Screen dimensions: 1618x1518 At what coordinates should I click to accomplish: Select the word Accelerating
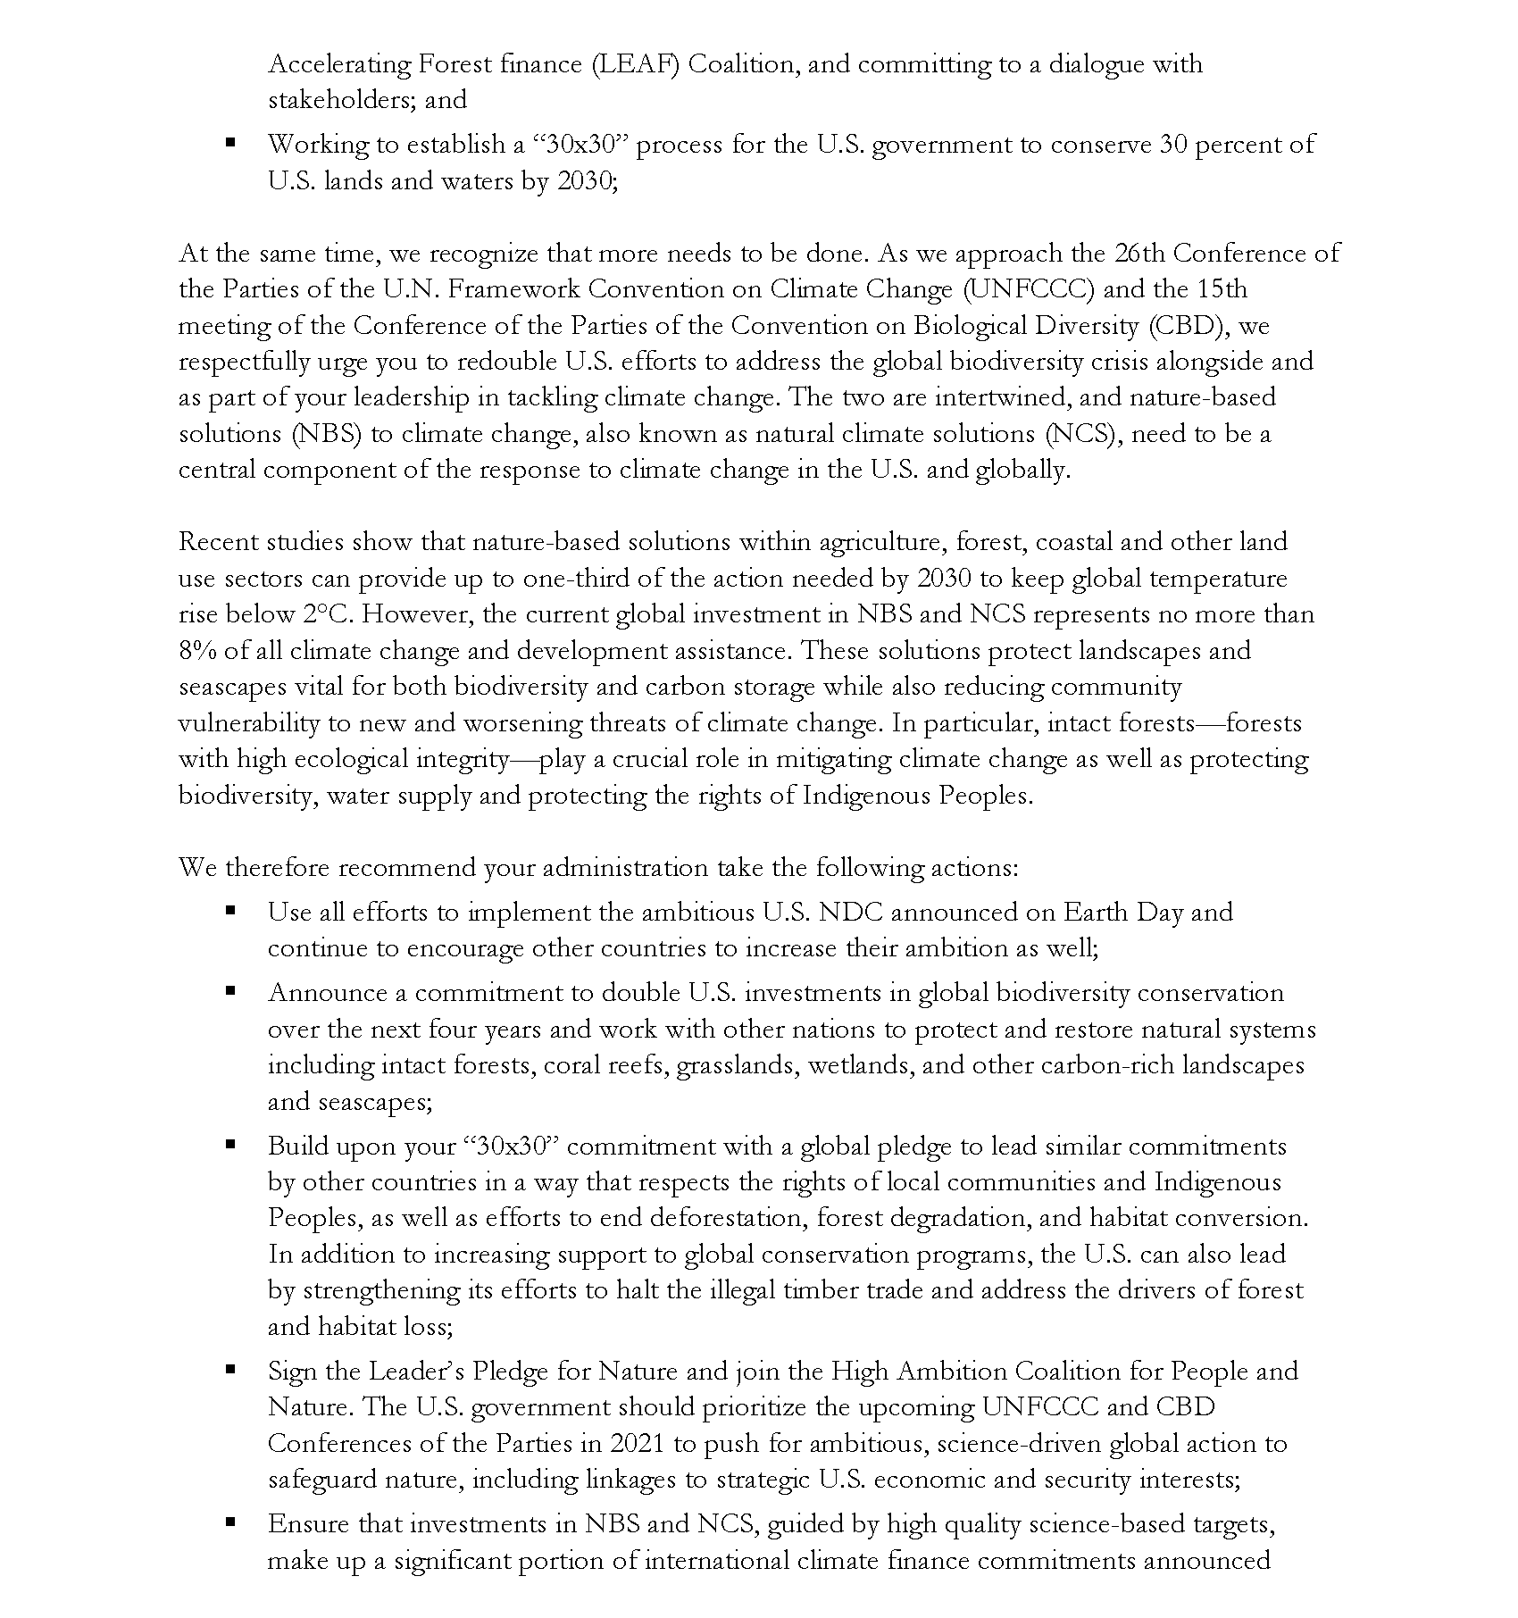339,64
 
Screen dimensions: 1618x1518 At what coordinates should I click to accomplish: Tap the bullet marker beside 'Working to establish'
230,142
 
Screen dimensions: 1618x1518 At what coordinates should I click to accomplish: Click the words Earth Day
1122,913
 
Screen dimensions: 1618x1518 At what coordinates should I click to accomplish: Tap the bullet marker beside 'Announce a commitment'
230,990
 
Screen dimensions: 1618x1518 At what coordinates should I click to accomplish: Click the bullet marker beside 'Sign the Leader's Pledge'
230,1369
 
